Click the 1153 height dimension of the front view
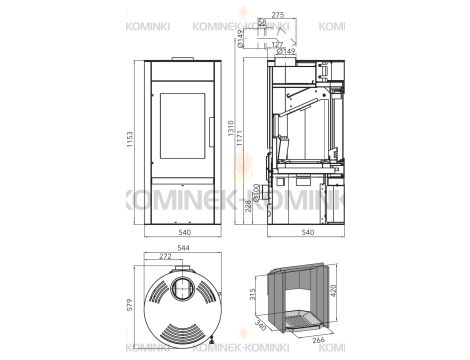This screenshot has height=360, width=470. (x=129, y=142)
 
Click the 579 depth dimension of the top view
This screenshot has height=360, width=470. (x=129, y=305)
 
